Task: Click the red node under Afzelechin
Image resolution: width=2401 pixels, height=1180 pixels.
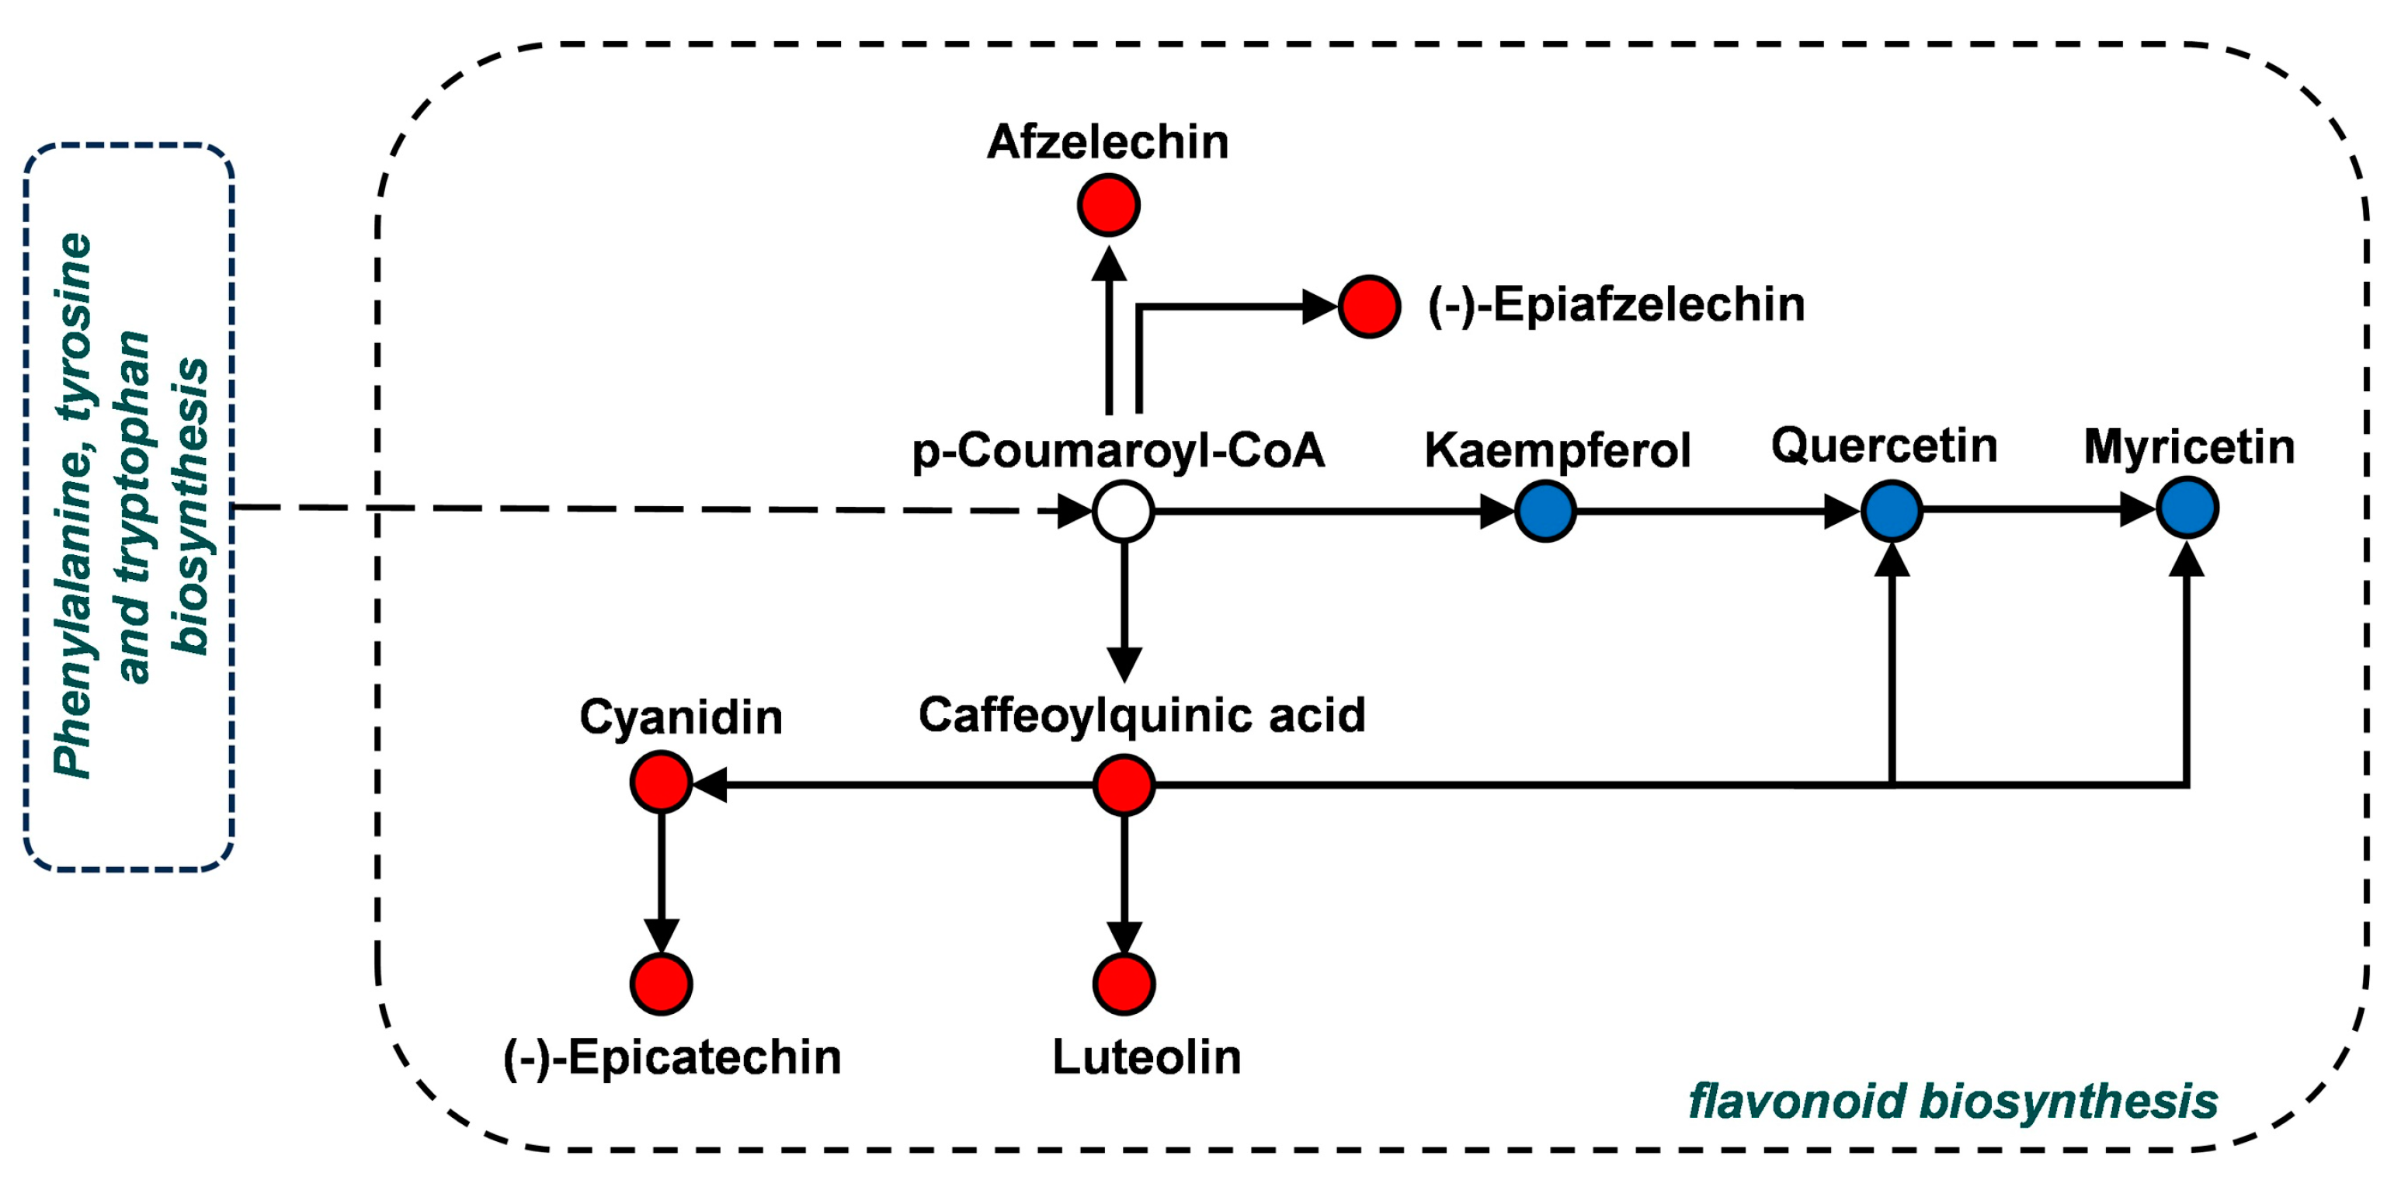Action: click(1108, 204)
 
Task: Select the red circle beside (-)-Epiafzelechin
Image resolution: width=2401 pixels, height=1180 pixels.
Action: click(1369, 306)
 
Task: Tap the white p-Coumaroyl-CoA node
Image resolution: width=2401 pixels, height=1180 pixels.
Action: click(1123, 511)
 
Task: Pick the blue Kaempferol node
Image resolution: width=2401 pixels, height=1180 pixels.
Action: click(1545, 511)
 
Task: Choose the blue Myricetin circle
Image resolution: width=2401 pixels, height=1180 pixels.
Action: click(2187, 508)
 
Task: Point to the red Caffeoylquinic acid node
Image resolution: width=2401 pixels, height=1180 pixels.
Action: click(1123, 785)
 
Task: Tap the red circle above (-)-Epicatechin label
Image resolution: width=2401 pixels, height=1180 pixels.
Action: click(661, 984)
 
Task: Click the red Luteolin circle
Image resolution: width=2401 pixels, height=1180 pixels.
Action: click(1123, 984)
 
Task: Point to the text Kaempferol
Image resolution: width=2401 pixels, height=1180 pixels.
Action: click(1557, 450)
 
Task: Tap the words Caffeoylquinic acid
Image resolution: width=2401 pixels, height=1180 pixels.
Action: click(1141, 715)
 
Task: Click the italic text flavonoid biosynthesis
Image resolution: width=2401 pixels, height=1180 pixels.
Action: click(1953, 1101)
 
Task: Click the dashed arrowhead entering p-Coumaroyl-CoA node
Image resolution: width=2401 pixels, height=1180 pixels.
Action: click(1074, 511)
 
